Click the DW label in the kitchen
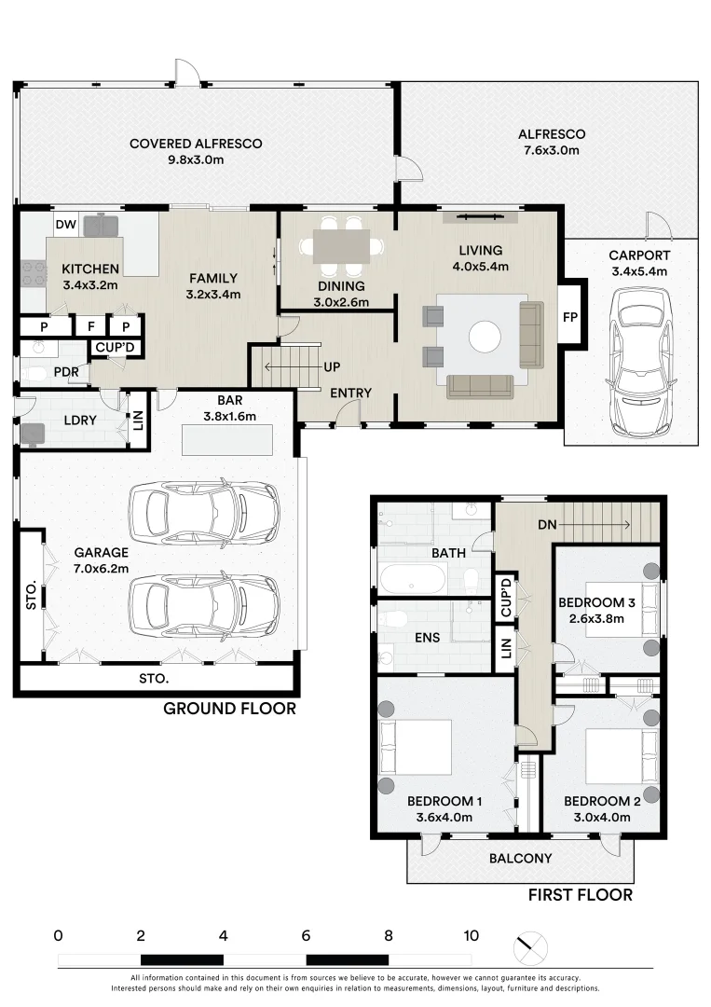coord(65,224)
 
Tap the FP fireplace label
coord(570,317)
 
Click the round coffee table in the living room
coord(485,336)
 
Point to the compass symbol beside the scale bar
coord(530,948)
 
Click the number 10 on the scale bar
coord(471,936)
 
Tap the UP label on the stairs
coord(332,366)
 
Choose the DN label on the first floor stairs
coord(547,525)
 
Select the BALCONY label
coord(520,858)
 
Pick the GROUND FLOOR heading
coord(229,709)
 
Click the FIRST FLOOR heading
coord(581,894)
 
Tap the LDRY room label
coord(80,420)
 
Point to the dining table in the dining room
coord(342,246)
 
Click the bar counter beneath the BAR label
coord(227,440)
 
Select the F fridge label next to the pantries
coord(91,326)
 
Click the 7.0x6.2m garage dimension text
coord(102,569)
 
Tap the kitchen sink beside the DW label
coord(102,226)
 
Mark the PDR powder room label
coord(66,372)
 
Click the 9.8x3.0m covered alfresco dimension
coord(196,160)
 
